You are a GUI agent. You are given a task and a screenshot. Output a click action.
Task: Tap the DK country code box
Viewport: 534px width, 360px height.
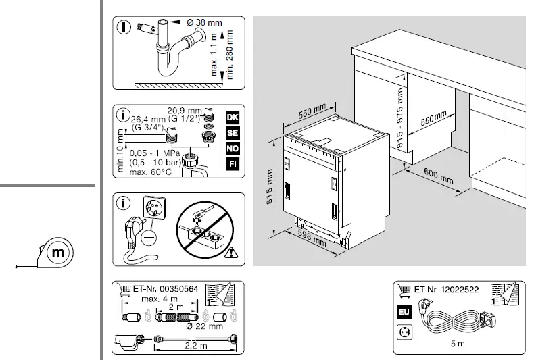tap(233, 117)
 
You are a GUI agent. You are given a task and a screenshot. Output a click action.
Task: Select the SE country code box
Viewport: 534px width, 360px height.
tap(233, 132)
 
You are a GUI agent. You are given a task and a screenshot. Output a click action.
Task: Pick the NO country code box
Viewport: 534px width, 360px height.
tap(233, 148)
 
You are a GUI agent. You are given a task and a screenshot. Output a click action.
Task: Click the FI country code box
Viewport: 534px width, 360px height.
tap(233, 163)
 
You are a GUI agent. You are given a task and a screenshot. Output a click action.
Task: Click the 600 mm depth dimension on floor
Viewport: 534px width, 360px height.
tap(439, 176)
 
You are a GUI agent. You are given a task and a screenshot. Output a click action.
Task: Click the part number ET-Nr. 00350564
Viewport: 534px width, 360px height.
tap(165, 288)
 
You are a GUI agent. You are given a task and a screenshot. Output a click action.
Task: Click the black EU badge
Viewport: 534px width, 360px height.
tap(404, 313)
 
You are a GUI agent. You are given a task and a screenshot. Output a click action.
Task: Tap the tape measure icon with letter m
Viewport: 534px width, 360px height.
tap(57, 253)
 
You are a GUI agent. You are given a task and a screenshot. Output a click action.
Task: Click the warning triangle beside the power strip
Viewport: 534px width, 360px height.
tap(234, 253)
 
